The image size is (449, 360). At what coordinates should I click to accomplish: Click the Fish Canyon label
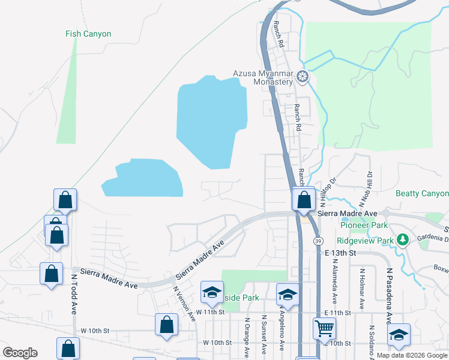point(88,34)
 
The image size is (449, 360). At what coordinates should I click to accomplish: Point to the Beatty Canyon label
point(422,193)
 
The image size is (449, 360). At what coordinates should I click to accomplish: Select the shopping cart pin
point(324,328)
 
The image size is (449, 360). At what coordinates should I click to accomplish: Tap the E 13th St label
point(340,254)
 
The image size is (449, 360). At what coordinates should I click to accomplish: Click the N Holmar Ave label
point(362,290)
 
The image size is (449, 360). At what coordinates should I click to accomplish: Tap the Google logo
point(20,353)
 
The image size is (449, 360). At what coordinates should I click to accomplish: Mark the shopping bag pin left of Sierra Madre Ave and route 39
point(304,199)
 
